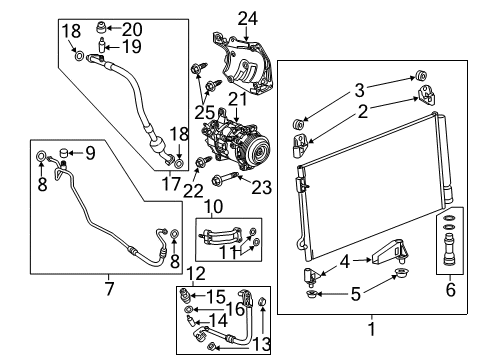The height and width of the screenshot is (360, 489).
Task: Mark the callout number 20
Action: click(132, 28)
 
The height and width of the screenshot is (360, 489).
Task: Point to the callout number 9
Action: click(89, 153)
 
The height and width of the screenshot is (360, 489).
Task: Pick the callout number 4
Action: click(346, 264)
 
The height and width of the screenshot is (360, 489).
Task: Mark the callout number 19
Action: click(131, 48)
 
